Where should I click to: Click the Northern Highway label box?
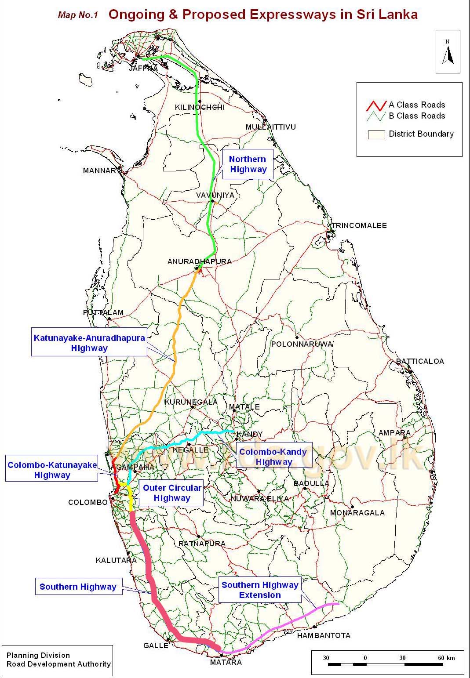pos(248,164)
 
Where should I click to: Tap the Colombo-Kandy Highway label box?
pos(273,457)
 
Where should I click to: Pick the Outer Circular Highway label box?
pos(172,493)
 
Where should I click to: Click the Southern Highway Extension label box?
pos(260,590)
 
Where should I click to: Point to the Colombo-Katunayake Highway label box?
pos(52,470)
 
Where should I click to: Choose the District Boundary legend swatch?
pos(376,134)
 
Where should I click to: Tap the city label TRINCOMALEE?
pos(359,225)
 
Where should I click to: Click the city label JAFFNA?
pos(143,69)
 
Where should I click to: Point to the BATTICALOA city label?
pos(420,361)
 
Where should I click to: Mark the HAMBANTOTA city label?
pos(324,635)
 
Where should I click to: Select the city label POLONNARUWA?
pos(302,344)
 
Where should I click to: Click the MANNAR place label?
pos(99,170)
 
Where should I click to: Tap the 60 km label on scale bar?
pos(447,658)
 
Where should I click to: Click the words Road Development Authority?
pos(58,664)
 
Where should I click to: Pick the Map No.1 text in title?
pos(77,15)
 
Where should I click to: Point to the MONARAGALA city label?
pos(357,513)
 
